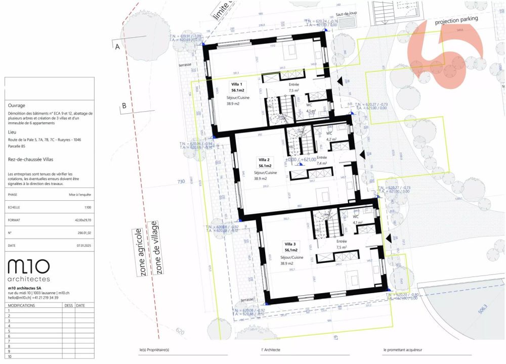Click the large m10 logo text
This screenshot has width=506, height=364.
[x=29, y=266]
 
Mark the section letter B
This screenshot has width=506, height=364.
[x=123, y=106]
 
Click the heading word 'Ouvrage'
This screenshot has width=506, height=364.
[x=16, y=106]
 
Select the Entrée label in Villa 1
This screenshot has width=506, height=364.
[x=294, y=84]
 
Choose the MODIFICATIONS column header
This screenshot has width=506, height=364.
[x=22, y=305]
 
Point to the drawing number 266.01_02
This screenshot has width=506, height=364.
[x=83, y=233]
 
